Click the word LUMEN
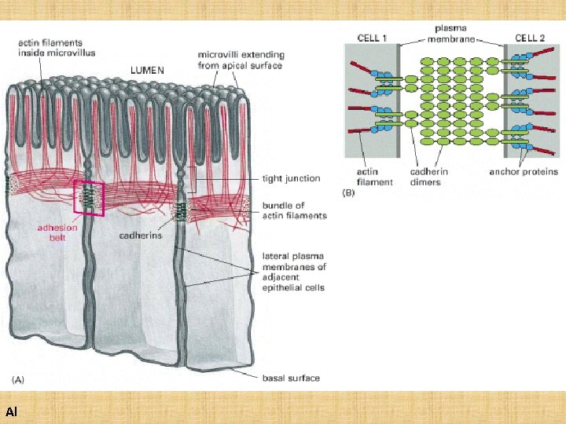[x=147, y=70]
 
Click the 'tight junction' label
[x=291, y=178]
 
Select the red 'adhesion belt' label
[x=58, y=233]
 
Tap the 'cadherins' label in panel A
[x=140, y=235]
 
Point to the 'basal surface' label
[x=290, y=378]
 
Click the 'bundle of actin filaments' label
[x=293, y=210]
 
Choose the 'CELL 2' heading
[x=531, y=38]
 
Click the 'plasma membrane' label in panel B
[x=451, y=34]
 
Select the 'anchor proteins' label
[x=523, y=172]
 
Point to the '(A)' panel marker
[x=17, y=378]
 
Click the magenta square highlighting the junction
[x=89, y=196]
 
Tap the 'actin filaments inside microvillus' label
[x=56, y=49]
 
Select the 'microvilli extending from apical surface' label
[x=241, y=60]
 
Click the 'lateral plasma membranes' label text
[x=292, y=272]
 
